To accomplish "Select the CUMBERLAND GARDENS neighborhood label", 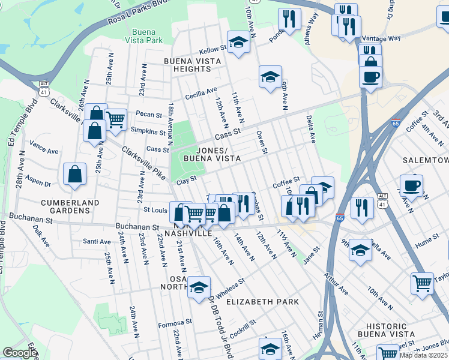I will point(58,207).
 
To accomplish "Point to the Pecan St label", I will point(149,114).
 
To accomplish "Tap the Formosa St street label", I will point(175,322).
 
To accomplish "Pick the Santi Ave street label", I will point(97,242).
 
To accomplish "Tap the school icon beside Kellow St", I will point(239,42).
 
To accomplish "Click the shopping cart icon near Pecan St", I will point(116,119).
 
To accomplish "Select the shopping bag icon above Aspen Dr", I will point(73,173).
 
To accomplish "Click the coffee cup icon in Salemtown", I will point(411,185).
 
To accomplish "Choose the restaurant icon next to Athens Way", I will point(289,19).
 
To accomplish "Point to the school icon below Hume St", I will point(360,249).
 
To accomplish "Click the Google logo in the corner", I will point(20,353).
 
